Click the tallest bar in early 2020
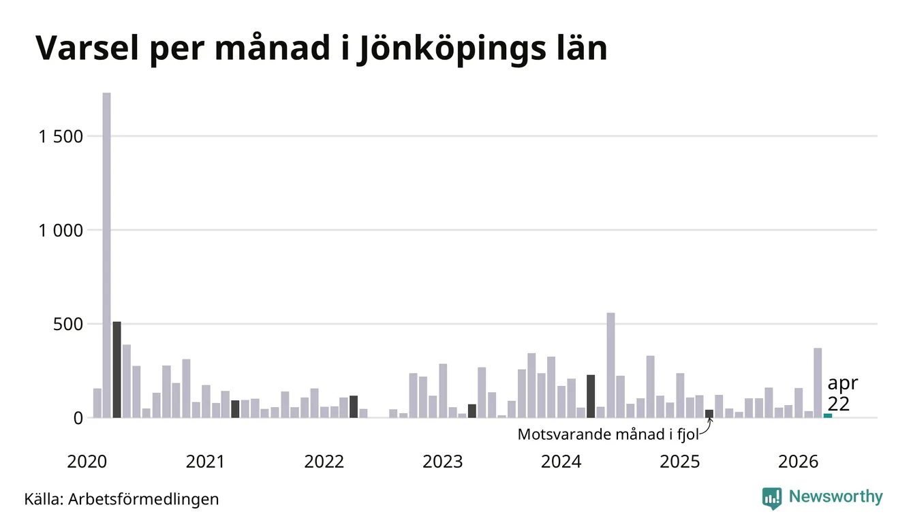click(107, 255)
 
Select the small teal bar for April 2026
click(828, 416)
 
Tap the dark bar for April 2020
click(117, 370)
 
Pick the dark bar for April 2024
click(591, 396)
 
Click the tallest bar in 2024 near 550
click(611, 366)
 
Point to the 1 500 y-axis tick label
click(61, 137)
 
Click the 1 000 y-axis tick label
click(61, 231)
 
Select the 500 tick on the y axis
click(68, 325)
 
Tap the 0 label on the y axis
click(78, 418)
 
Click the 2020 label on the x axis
click(87, 462)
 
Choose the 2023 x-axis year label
click(443, 462)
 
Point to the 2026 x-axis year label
click(798, 462)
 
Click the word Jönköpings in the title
click(451, 49)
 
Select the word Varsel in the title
click(87, 48)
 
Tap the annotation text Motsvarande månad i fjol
click(608, 434)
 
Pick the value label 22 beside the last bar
click(839, 404)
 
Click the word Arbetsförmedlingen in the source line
click(144, 500)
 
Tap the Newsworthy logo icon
click(772, 498)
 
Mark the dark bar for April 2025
click(709, 414)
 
